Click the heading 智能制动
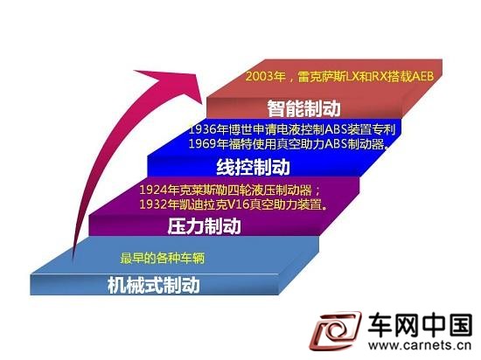pyautogui.click(x=303, y=108)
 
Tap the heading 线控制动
pyautogui.click(x=253, y=167)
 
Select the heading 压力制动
pyautogui.click(x=204, y=226)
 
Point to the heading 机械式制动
pyautogui.click(x=154, y=285)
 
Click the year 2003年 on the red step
pyautogui.click(x=266, y=76)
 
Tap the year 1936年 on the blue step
pyautogui.click(x=208, y=129)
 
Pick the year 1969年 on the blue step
pyautogui.click(x=208, y=143)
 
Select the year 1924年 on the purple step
pyautogui.click(x=159, y=190)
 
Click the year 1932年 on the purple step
pyautogui.click(x=159, y=204)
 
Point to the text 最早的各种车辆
pyautogui.click(x=163, y=258)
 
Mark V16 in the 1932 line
pyautogui.click(x=238, y=204)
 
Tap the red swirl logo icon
pyautogui.click(x=335, y=332)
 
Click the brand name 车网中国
pyautogui.click(x=420, y=325)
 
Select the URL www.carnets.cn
pyautogui.click(x=420, y=345)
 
